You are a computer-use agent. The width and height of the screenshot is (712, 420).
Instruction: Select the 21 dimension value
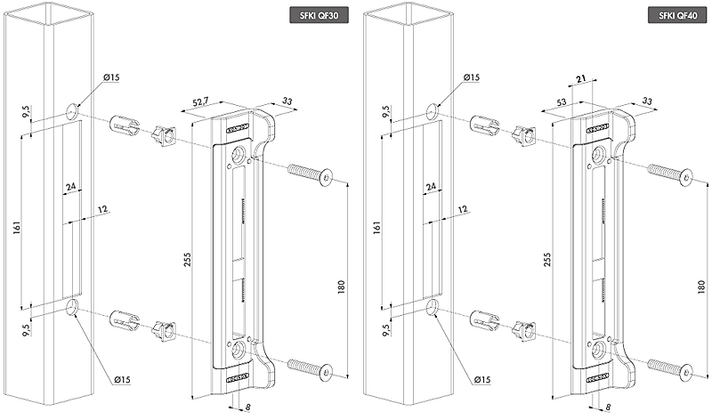[580, 79]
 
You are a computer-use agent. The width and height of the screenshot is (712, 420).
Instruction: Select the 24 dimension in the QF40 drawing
[431, 188]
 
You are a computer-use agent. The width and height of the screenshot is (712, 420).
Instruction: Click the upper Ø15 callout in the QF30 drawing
[111, 78]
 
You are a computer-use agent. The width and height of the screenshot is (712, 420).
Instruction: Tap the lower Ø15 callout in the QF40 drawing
[481, 381]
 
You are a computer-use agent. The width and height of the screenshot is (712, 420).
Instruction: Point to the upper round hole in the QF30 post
[70, 113]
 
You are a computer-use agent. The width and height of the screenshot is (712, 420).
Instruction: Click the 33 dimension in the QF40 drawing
[647, 101]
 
